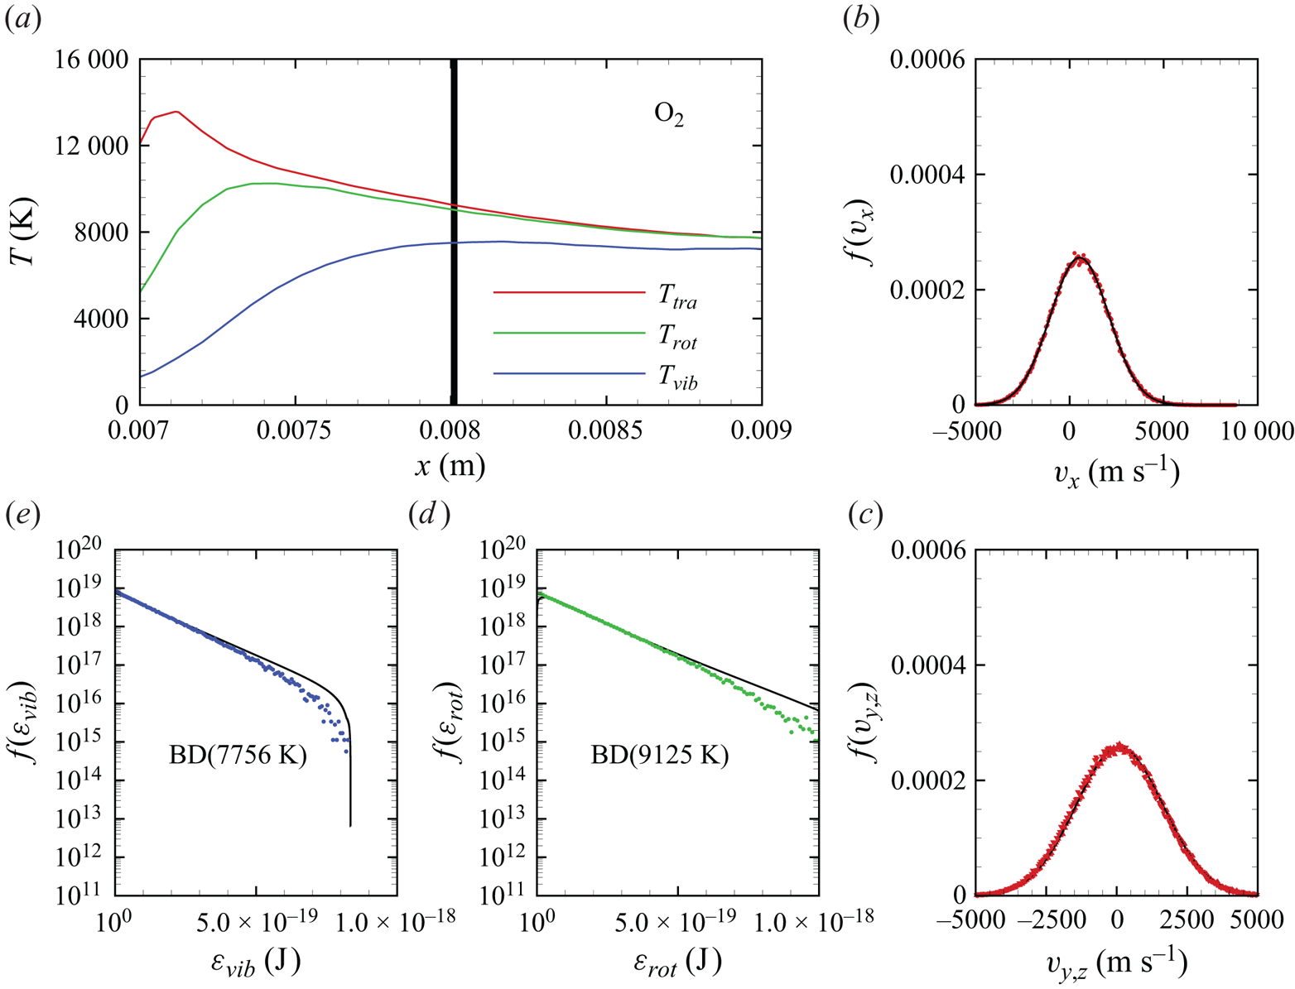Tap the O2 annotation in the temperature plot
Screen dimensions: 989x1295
coord(669,113)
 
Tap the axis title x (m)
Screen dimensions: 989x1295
coord(450,466)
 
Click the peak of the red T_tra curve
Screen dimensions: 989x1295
coord(176,111)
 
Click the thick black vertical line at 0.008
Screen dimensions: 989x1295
coord(454,232)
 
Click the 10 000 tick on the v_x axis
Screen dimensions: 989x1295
coord(1256,431)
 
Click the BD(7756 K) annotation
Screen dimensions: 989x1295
coord(238,756)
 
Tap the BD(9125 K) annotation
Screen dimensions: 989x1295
coord(659,756)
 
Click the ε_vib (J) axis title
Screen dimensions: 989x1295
coord(254,962)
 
